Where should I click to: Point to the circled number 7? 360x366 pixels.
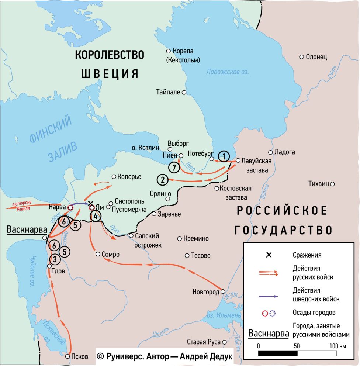click(174, 167)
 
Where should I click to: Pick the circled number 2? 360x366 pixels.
click(162, 180)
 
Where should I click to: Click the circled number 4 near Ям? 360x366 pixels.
click(95, 216)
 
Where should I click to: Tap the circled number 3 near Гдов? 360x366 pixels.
click(55, 259)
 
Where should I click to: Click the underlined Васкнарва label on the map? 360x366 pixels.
click(24, 229)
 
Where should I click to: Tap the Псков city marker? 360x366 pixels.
click(67, 356)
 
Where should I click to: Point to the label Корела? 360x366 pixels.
click(183, 51)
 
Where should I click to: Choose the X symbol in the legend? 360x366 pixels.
click(269, 255)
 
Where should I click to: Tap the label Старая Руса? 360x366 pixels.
click(203, 342)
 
